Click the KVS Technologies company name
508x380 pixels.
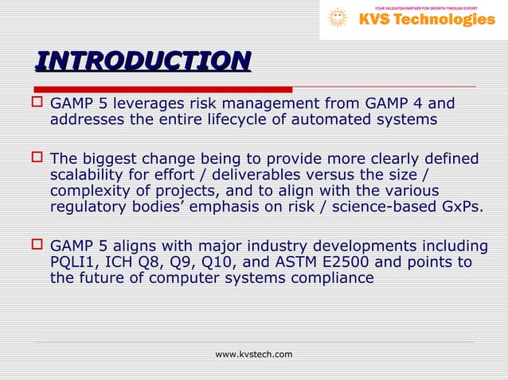point(427,19)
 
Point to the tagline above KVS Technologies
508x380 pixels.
point(426,7)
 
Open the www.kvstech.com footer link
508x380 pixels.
point(254,354)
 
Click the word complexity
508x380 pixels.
point(88,192)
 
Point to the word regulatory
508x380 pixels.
point(87,208)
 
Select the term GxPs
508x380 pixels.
point(462,208)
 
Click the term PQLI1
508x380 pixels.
point(74,262)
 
